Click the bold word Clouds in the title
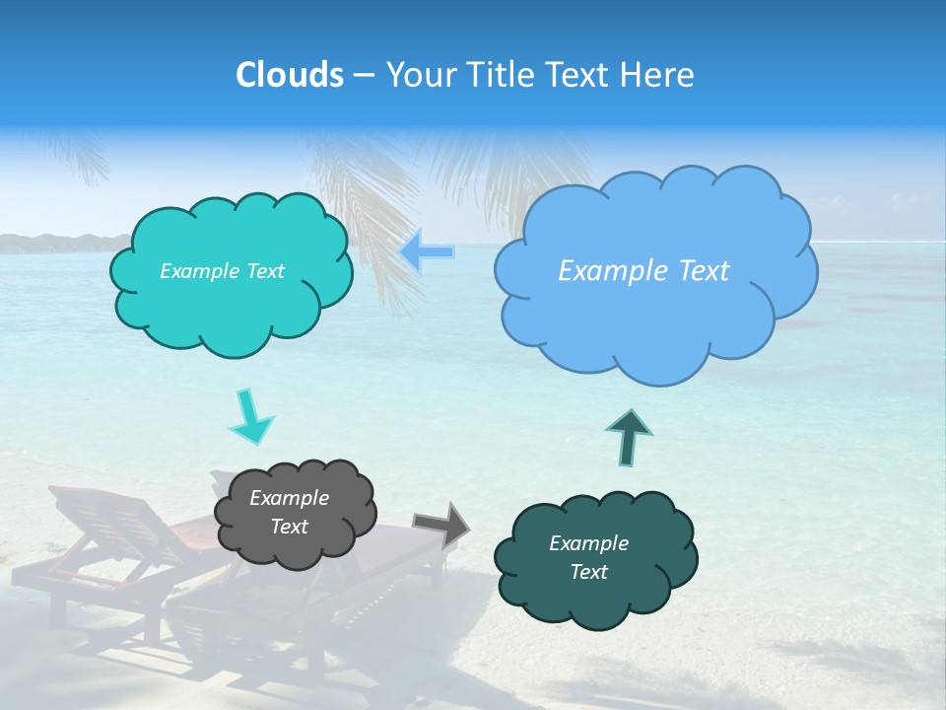click(x=289, y=75)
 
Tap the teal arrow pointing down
click(x=250, y=418)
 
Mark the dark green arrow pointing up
click(x=628, y=437)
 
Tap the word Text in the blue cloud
click(x=697, y=271)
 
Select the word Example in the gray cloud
click(x=289, y=498)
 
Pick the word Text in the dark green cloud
click(x=588, y=572)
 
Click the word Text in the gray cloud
click(x=289, y=527)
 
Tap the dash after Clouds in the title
click(x=363, y=75)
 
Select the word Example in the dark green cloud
click(x=588, y=543)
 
